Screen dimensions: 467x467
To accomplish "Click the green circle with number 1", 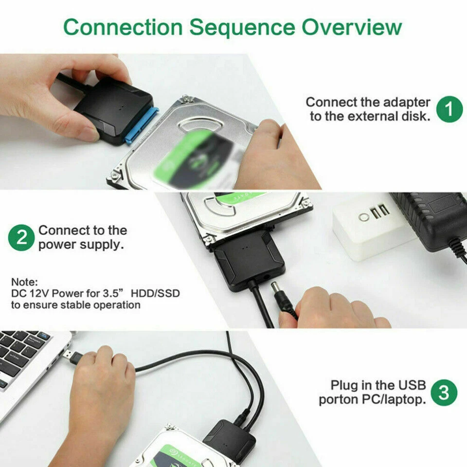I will (x=449, y=109).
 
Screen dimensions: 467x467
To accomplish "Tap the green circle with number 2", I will (x=21, y=237).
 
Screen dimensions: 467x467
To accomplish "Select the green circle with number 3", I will (x=444, y=392).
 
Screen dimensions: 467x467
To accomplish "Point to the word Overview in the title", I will (x=351, y=27).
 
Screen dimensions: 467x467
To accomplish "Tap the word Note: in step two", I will (x=23, y=282).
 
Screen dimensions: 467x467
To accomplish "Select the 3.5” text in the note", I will (x=110, y=294).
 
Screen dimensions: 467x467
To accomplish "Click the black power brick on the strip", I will (x=431, y=219).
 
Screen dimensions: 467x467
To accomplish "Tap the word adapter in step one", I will (x=407, y=102).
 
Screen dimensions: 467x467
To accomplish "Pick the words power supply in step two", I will (x=81, y=244).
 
